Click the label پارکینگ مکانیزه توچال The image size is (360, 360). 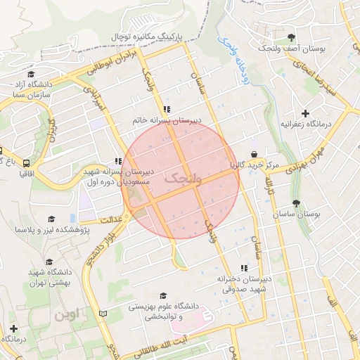146,36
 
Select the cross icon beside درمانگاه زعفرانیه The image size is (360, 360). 304,113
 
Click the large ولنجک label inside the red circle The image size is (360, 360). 182,179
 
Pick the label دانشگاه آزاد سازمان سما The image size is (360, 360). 30,89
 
